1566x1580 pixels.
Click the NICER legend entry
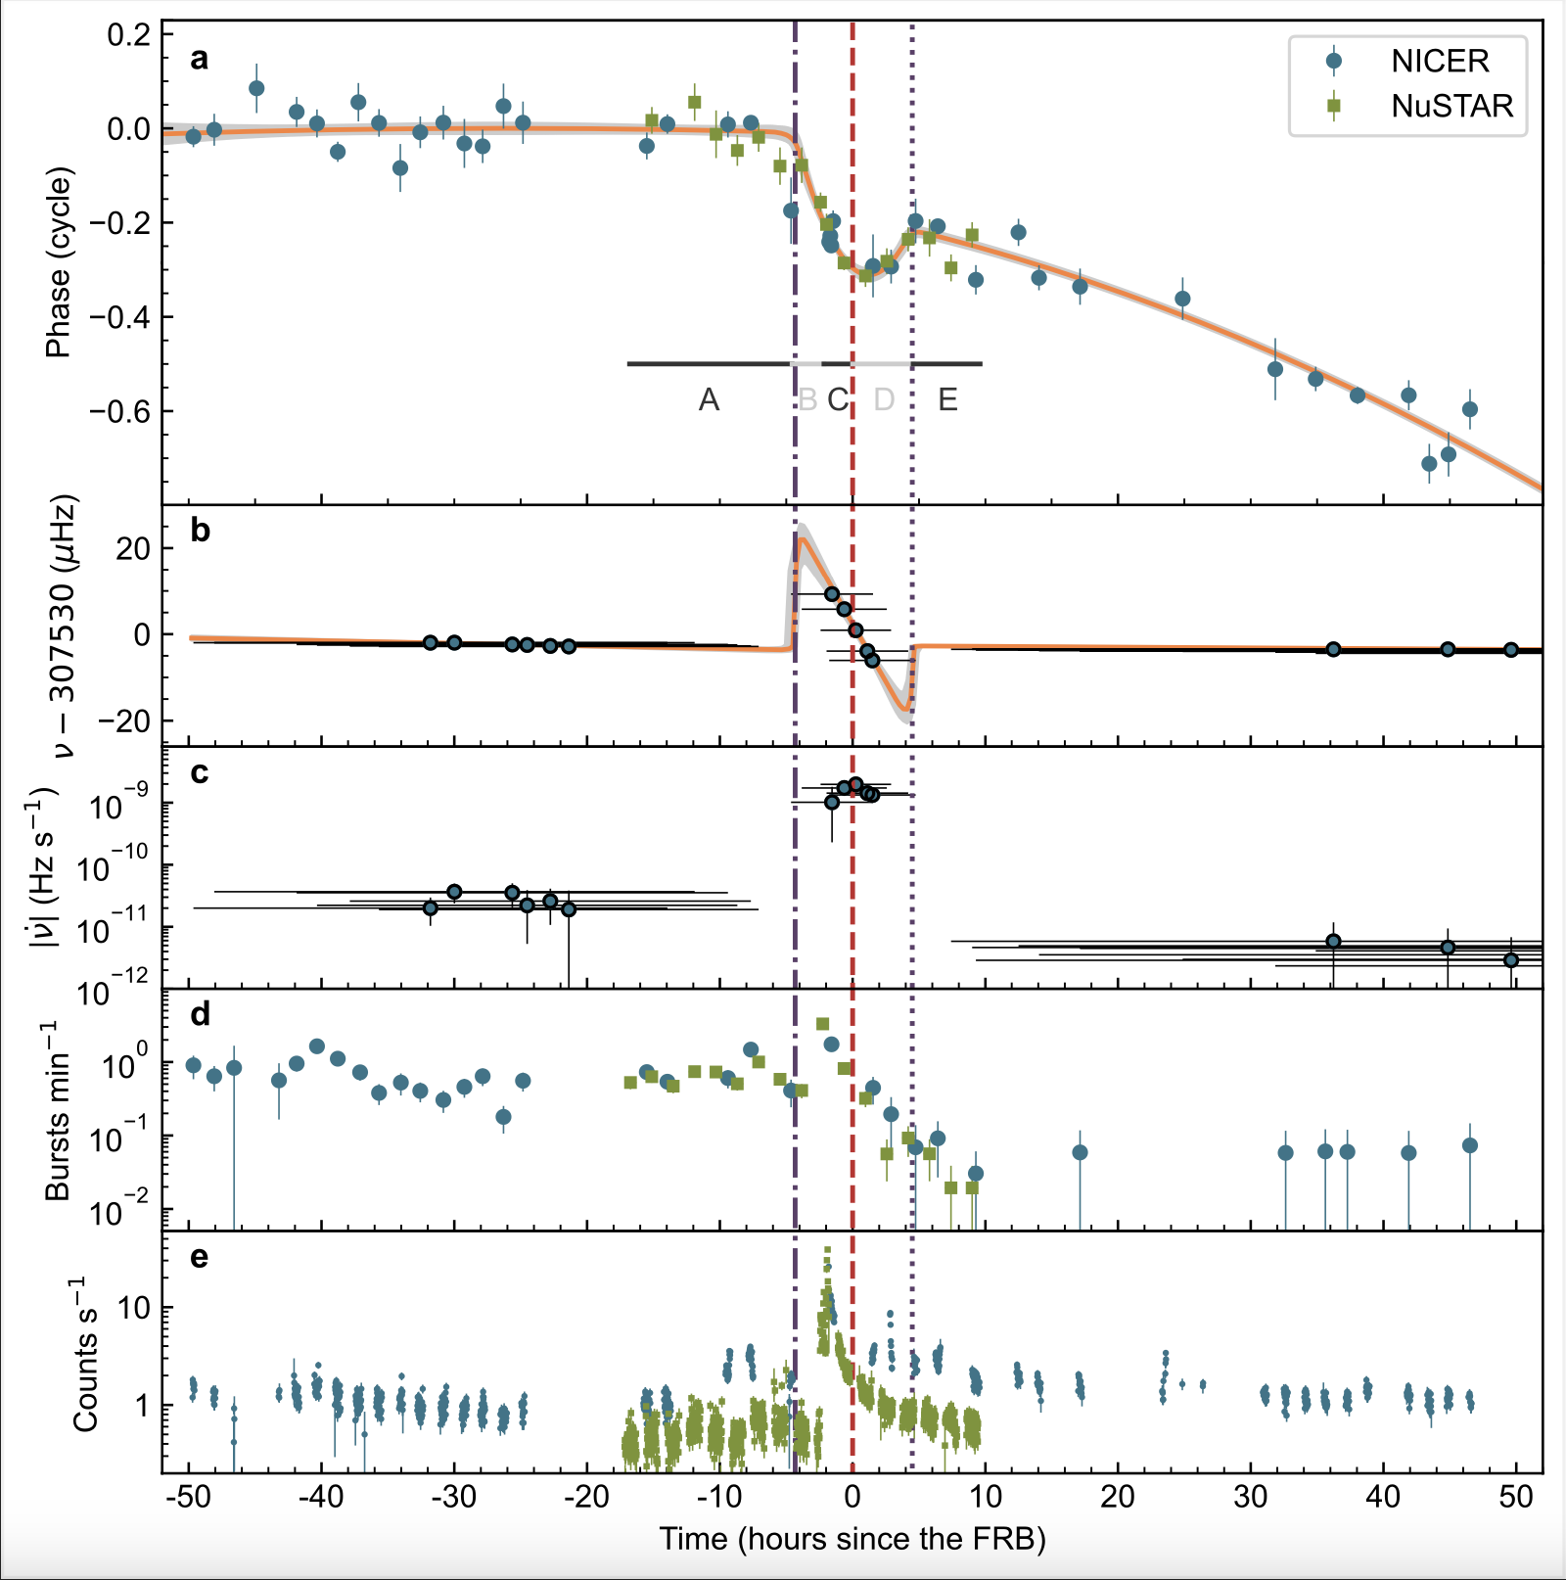1439,61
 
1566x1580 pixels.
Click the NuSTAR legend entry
1451,106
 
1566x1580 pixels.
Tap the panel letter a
200,60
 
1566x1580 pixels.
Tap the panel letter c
200,773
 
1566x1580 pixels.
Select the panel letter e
200,1257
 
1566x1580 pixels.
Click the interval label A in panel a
709,399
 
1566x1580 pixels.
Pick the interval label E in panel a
947,399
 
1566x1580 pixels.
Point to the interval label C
838,399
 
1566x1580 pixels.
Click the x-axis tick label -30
454,1497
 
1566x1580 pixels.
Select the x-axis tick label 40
1384,1497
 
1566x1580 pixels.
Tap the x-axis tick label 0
852,1497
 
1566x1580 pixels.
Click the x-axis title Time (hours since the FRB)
852,1539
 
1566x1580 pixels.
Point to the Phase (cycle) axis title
59,262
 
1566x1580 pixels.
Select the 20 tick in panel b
133,548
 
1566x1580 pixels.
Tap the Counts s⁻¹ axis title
86,1355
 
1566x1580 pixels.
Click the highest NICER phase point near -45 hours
256,88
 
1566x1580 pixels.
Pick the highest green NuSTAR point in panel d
823,1024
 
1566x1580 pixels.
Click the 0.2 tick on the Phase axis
129,35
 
